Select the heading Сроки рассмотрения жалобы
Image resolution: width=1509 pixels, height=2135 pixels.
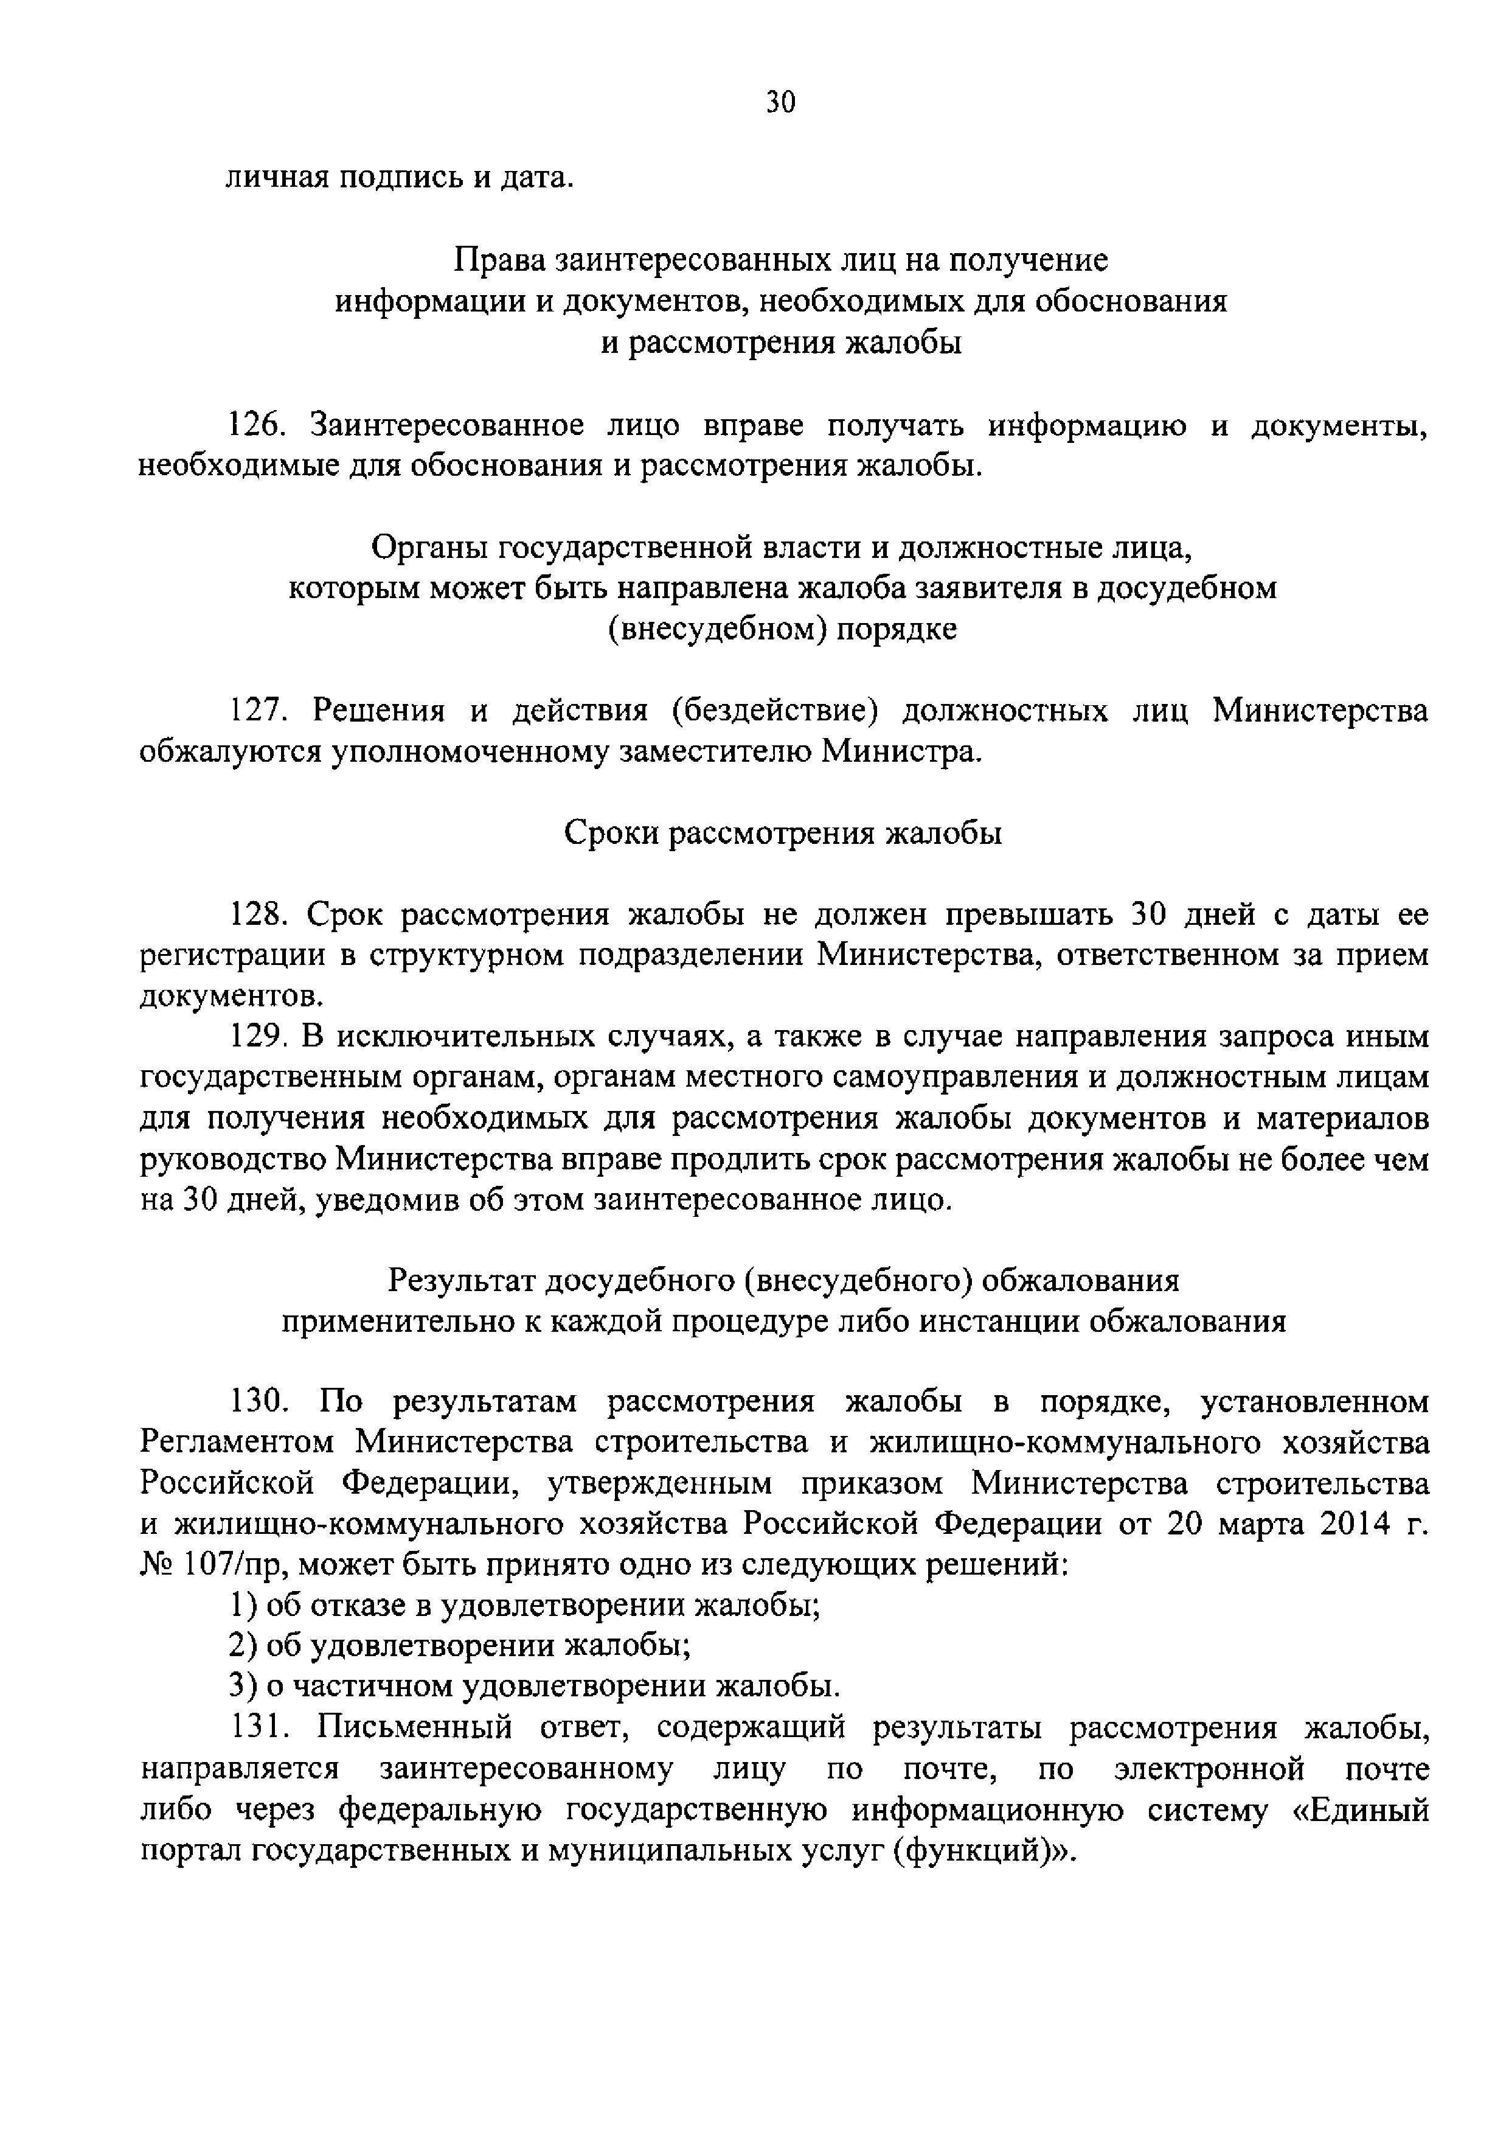[783, 833]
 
